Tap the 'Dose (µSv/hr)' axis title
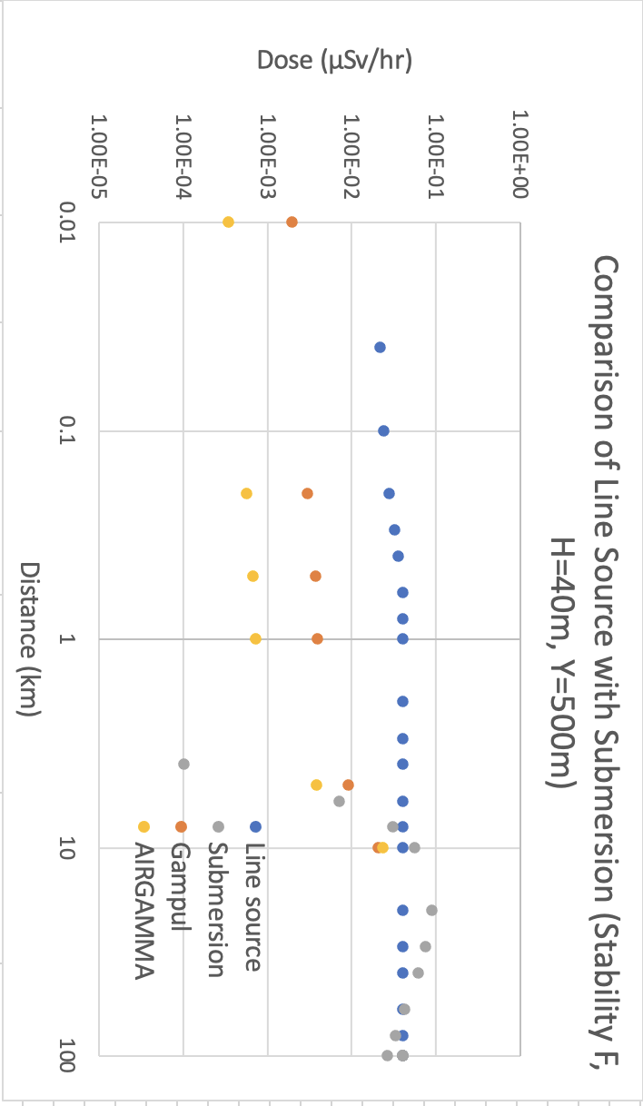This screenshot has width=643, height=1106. coord(335,61)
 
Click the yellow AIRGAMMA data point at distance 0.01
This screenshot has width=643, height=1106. coord(228,222)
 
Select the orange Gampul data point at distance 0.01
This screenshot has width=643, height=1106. coord(292,222)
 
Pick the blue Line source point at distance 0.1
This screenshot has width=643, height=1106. coord(383,430)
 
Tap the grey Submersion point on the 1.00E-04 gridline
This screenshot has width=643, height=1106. coord(183,764)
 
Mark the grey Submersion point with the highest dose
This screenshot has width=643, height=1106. coord(431,910)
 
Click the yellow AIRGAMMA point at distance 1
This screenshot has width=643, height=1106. coord(255,638)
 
